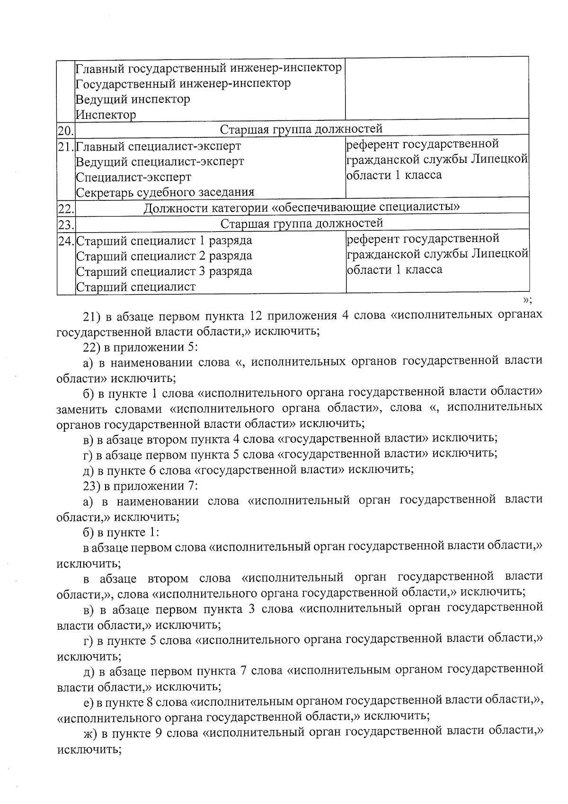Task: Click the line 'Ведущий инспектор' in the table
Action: click(133, 99)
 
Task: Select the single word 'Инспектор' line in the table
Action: click(106, 115)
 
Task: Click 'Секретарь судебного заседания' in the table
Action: click(165, 192)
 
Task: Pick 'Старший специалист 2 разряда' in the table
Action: click(164, 256)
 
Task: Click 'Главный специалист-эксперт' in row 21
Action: click(158, 146)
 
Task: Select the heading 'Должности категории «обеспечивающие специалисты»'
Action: click(302, 208)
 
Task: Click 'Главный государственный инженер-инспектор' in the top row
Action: click(209, 68)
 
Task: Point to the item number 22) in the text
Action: click(90, 347)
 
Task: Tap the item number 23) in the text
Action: click(90, 486)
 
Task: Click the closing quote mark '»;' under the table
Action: click(527, 299)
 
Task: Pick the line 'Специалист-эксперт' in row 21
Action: click(133, 177)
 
